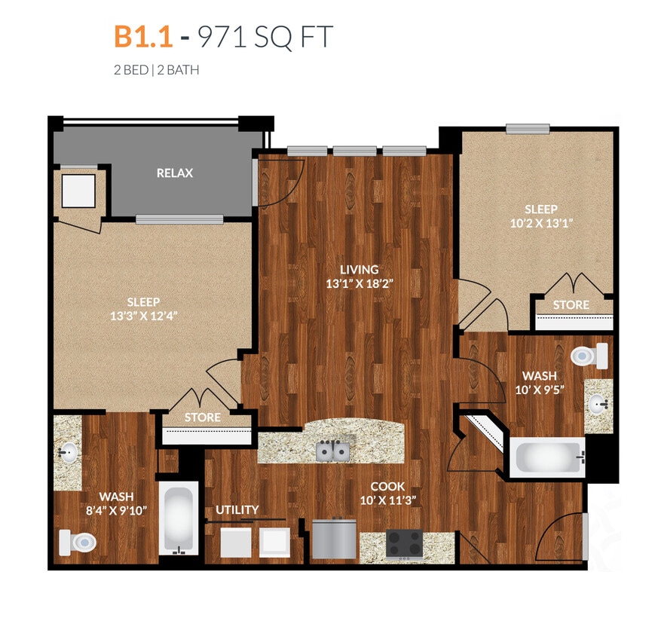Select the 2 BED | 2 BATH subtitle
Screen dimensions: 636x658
click(156, 70)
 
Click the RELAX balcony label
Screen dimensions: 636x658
click(175, 173)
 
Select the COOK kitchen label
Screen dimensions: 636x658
click(388, 486)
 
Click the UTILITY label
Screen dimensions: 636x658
click(237, 509)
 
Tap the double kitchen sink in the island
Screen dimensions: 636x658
click(332, 451)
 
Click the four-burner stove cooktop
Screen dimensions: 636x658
click(404, 543)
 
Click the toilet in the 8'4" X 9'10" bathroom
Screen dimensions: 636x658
click(78, 541)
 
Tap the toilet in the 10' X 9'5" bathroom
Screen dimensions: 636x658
click(589, 356)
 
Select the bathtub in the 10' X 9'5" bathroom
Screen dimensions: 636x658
click(548, 457)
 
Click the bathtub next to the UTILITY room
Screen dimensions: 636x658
click(179, 519)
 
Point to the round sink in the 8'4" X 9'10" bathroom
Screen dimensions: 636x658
click(67, 454)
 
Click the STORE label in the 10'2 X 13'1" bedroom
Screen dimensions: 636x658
click(571, 305)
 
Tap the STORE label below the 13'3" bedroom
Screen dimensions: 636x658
click(203, 417)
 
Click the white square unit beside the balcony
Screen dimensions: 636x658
click(78, 191)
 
